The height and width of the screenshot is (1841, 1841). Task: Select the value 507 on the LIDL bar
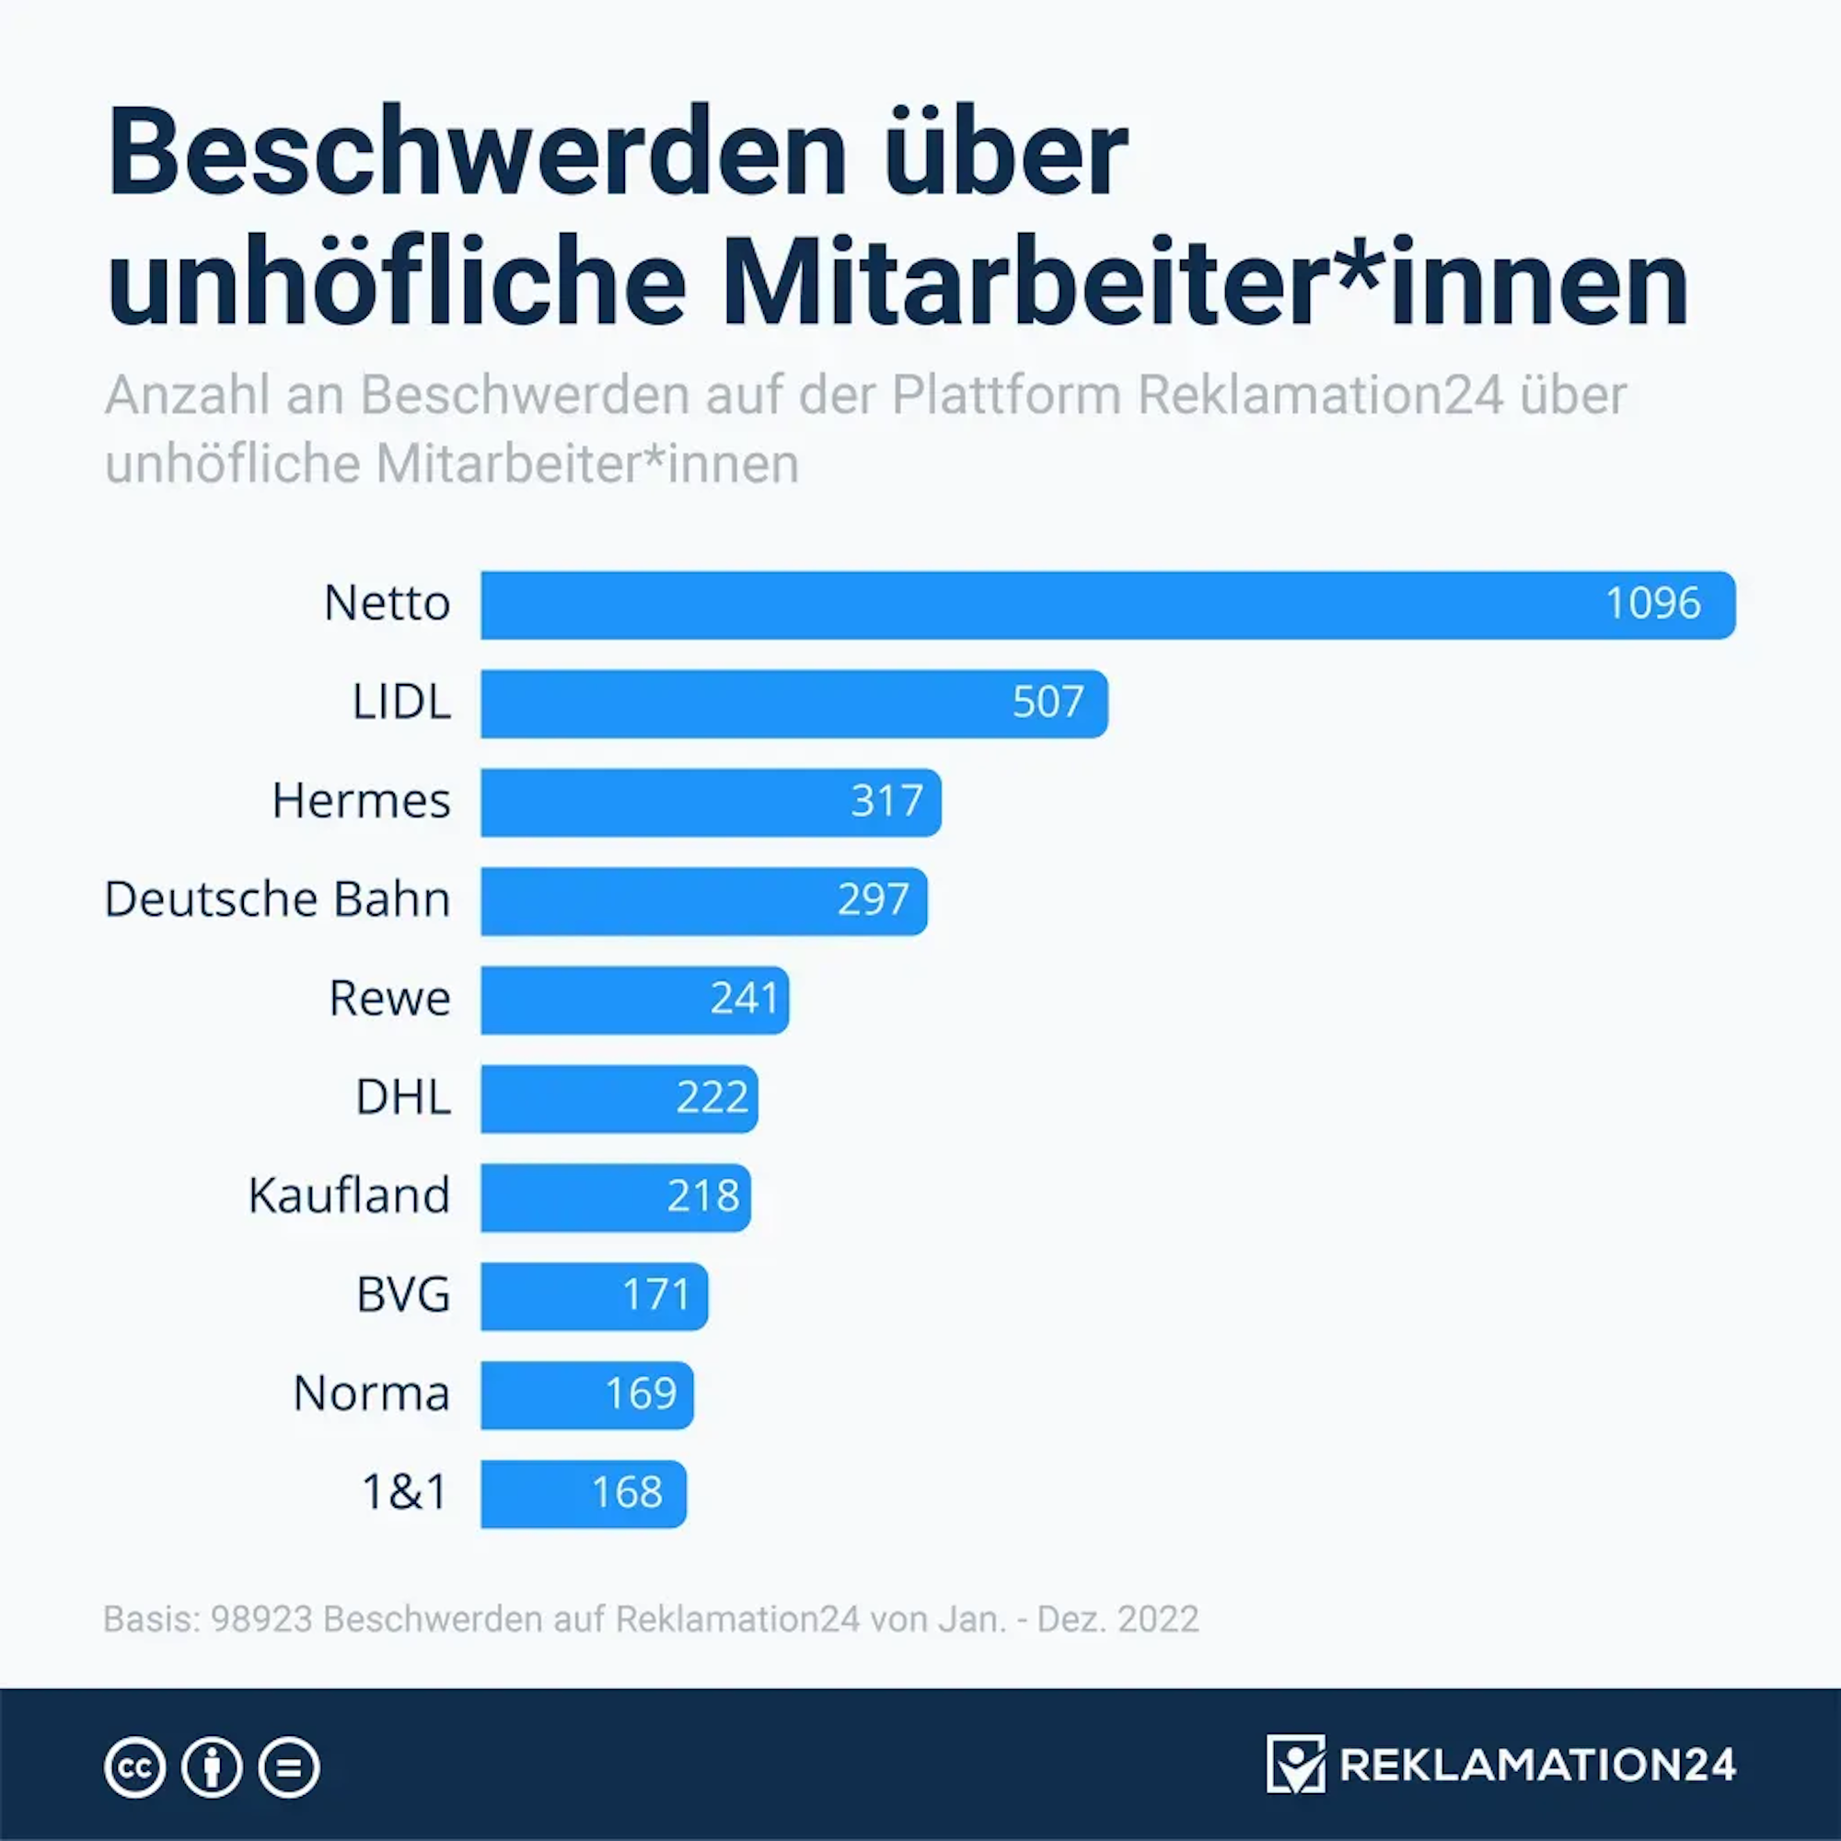[x=1048, y=703]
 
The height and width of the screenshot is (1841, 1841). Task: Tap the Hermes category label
[x=361, y=802]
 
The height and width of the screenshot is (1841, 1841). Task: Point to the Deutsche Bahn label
[x=277, y=899]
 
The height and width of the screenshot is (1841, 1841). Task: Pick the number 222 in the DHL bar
[x=712, y=1098]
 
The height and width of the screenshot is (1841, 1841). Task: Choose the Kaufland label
[x=349, y=1196]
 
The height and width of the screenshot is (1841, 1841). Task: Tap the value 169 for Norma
[x=641, y=1394]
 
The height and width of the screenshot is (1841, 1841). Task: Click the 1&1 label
[x=404, y=1492]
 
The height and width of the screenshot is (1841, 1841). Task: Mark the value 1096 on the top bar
[x=1652, y=604]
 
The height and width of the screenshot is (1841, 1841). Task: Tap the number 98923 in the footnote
[x=261, y=1619]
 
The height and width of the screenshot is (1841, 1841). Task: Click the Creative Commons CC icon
[x=134, y=1767]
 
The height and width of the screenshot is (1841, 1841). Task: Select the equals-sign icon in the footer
[x=289, y=1767]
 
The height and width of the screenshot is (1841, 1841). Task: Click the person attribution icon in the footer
[x=212, y=1767]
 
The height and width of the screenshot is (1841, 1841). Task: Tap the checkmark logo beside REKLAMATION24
[x=1295, y=1764]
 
